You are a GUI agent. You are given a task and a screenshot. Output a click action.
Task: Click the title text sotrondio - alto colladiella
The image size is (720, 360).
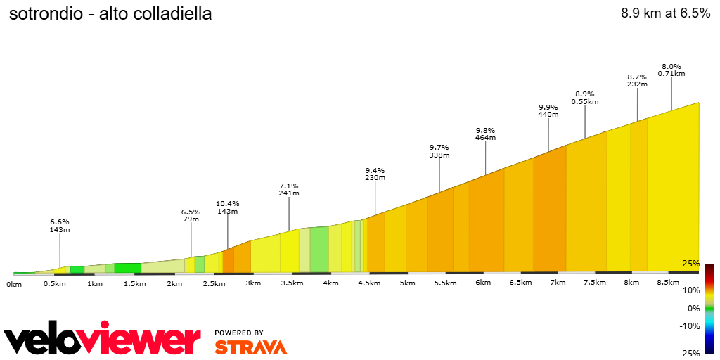(110, 14)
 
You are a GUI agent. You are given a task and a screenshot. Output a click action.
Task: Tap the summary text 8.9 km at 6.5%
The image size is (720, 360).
(665, 13)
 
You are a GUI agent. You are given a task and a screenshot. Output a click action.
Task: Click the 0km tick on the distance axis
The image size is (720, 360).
(14, 284)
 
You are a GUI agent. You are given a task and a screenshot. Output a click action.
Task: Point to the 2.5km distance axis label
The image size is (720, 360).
(214, 283)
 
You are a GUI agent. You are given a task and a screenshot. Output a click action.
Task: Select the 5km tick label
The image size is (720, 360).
(407, 283)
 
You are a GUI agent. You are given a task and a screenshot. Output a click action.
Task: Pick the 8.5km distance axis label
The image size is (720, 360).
(668, 283)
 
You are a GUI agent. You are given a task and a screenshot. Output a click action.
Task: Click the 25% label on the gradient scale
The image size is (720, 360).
(690, 264)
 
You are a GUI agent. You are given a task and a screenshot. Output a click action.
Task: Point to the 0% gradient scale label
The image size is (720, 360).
(693, 309)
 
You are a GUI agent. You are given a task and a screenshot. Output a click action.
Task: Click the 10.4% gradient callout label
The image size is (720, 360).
(227, 203)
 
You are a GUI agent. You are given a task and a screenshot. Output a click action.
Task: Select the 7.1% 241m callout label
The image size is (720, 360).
(289, 189)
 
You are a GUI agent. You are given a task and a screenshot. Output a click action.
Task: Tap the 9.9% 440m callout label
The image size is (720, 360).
(548, 110)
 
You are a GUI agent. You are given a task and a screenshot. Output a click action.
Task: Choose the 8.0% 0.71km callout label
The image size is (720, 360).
(671, 70)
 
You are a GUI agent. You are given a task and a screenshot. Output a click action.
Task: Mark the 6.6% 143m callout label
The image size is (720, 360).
(59, 226)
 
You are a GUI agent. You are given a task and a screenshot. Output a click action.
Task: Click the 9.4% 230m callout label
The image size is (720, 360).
(375, 174)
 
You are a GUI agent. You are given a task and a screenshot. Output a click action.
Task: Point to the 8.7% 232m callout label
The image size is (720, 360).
(637, 80)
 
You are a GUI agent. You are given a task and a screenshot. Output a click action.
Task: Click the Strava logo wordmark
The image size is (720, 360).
(250, 347)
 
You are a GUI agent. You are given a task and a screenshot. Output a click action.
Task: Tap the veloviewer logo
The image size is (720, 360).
(103, 340)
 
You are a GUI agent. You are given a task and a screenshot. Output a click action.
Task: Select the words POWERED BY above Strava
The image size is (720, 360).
(239, 333)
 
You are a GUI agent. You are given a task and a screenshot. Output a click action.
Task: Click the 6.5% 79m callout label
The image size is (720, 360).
(191, 215)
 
